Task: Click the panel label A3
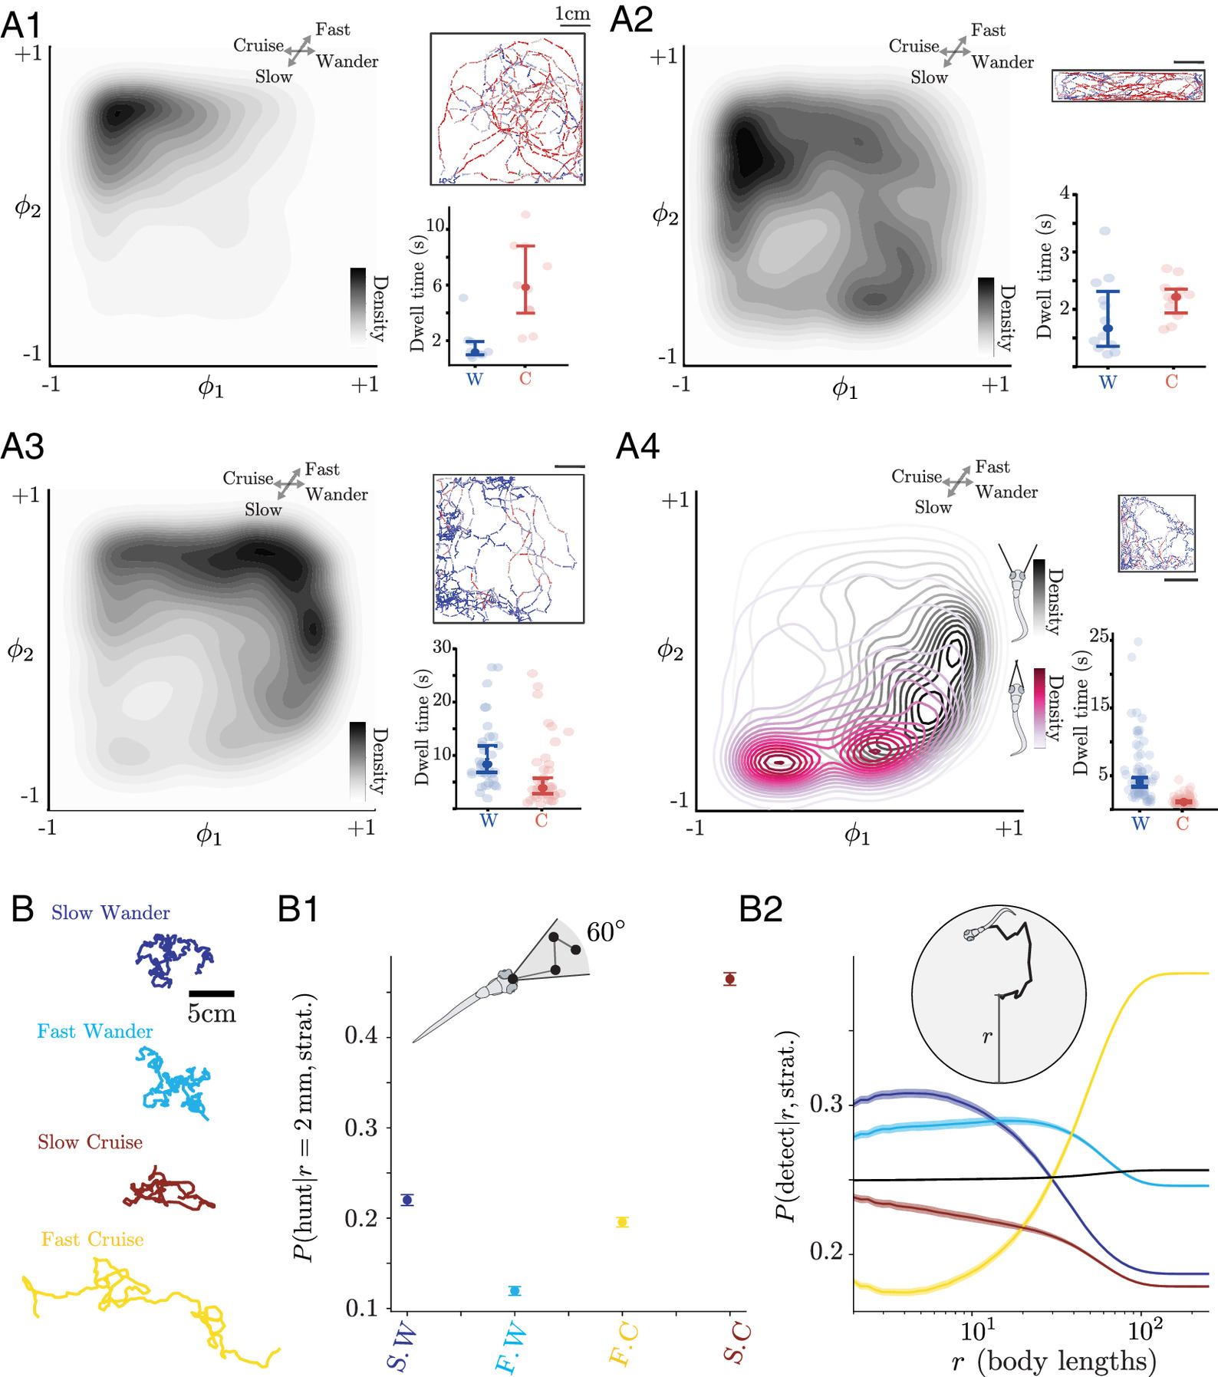coord(23,446)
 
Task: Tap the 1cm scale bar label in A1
coord(572,15)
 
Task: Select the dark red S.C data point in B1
coord(729,979)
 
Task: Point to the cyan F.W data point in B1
coord(515,1290)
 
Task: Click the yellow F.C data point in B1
coord(622,1222)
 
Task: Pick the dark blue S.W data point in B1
coord(407,1200)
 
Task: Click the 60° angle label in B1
coord(605,932)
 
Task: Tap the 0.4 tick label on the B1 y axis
coord(362,1036)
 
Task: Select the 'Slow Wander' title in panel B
coord(110,913)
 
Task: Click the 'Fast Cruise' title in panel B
coord(92,1240)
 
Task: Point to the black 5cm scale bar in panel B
coord(211,994)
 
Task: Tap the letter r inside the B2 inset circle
coord(987,1037)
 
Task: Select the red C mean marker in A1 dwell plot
coord(525,287)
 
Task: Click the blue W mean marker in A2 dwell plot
coord(1108,328)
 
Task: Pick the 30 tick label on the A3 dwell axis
coord(442,647)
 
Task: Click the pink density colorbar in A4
coord(1039,707)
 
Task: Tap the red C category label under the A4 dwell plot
coord(1182,824)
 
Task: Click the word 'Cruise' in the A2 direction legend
coord(913,46)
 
